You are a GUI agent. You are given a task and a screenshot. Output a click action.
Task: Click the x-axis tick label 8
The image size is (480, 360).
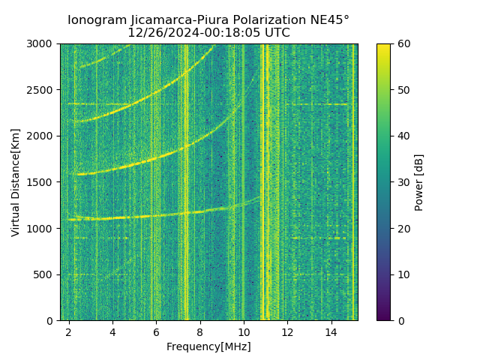click(200, 331)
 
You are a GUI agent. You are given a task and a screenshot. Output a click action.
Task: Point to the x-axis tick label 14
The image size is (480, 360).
click(331, 331)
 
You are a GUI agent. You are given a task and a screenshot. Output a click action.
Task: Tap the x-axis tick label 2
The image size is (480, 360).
click(69, 331)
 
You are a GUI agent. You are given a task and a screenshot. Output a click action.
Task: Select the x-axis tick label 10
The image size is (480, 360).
click(244, 331)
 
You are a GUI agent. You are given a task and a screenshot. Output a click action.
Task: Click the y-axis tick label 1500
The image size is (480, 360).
click(41, 182)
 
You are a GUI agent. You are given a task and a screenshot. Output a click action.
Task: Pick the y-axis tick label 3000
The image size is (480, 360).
click(41, 44)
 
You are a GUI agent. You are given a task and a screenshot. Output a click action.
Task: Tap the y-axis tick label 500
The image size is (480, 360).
click(44, 274)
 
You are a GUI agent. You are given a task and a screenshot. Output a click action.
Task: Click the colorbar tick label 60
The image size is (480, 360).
click(403, 44)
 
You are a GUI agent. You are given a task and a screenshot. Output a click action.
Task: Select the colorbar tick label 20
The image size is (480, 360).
click(403, 229)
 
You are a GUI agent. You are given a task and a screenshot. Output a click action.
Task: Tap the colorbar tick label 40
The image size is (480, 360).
click(403, 136)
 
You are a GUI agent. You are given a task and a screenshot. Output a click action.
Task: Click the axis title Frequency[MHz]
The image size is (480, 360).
click(208, 346)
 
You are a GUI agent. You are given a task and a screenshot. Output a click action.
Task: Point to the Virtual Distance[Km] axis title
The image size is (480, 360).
click(16, 182)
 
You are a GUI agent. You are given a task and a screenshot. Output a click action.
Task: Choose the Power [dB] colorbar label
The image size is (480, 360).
click(419, 182)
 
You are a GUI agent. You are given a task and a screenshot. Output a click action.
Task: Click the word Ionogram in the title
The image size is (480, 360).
click(94, 20)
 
